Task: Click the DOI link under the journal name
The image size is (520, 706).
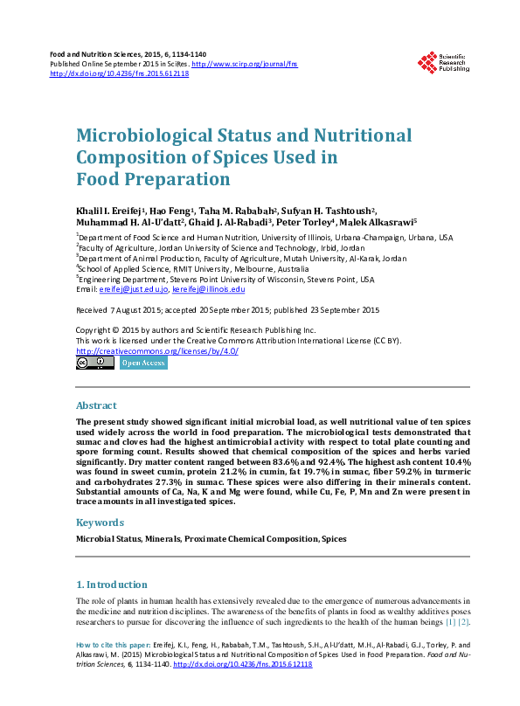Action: click(x=120, y=74)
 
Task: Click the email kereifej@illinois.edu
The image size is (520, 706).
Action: click(x=210, y=288)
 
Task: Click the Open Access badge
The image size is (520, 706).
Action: click(x=142, y=363)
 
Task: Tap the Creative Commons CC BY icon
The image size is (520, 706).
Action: click(x=94, y=363)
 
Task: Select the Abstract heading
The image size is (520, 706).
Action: click(x=96, y=406)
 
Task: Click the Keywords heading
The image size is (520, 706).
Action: click(x=101, y=523)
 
